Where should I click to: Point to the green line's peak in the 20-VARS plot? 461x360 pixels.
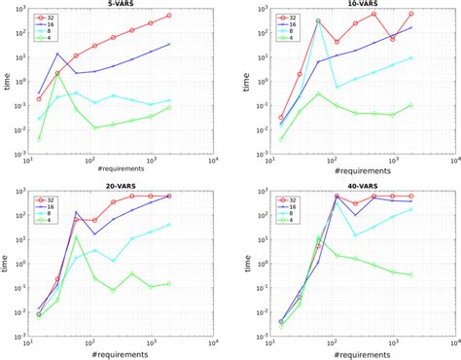(x=76, y=236)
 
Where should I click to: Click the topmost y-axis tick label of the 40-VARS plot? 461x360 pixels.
(x=254, y=192)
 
